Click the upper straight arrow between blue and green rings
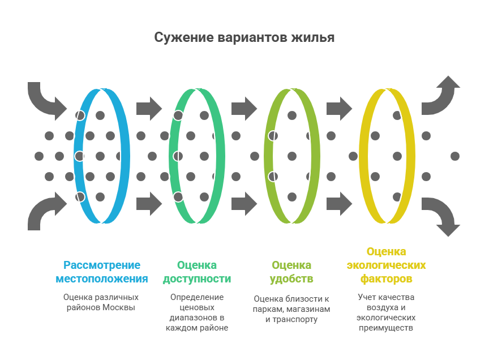[149, 108]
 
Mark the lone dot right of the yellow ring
[454, 156]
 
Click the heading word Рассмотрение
[102, 265]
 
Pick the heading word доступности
[197, 279]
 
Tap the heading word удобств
[291, 279]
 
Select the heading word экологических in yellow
[387, 265]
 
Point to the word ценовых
[197, 307]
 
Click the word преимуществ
[387, 328]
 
